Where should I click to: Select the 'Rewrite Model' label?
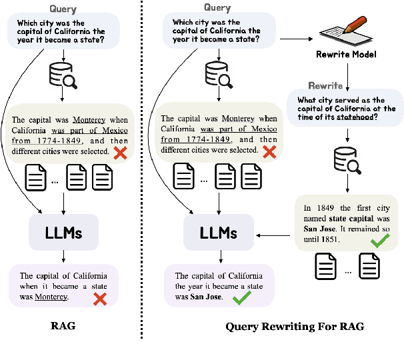click(345, 54)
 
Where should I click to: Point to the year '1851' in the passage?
click(329, 239)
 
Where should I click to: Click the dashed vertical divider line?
click(142, 167)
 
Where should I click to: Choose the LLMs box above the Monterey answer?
click(64, 233)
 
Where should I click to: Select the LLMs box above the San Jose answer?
click(219, 233)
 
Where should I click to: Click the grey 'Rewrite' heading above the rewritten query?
click(325, 86)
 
